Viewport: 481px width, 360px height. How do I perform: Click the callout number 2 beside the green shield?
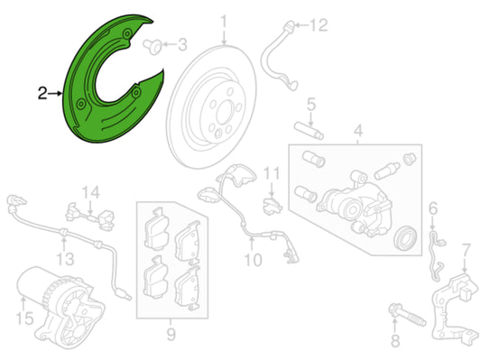(x=42, y=93)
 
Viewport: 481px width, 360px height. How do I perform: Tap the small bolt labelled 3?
(x=153, y=46)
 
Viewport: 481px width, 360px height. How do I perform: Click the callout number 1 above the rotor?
(x=224, y=22)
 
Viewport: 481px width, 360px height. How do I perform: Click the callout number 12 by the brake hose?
(x=319, y=25)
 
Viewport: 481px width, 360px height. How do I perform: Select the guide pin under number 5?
(x=309, y=131)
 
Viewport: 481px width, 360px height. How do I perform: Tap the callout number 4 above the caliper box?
(x=358, y=130)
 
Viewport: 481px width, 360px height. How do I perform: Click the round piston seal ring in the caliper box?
(x=406, y=237)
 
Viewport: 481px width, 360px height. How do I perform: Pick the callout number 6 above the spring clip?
(x=433, y=208)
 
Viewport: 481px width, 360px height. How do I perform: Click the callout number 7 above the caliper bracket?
(x=466, y=250)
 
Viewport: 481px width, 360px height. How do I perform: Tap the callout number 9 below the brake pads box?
(x=171, y=334)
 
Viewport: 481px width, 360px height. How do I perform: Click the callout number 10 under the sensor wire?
(x=253, y=260)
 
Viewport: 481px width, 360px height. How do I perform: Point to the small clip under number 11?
(x=272, y=206)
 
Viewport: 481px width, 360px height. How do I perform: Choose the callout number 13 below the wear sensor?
(x=65, y=259)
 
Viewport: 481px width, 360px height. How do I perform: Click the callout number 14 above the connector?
(x=91, y=192)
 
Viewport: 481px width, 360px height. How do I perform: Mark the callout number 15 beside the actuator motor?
(x=24, y=318)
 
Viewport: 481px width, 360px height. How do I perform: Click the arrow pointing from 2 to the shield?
(x=56, y=93)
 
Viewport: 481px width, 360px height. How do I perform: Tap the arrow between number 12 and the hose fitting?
(x=301, y=25)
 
